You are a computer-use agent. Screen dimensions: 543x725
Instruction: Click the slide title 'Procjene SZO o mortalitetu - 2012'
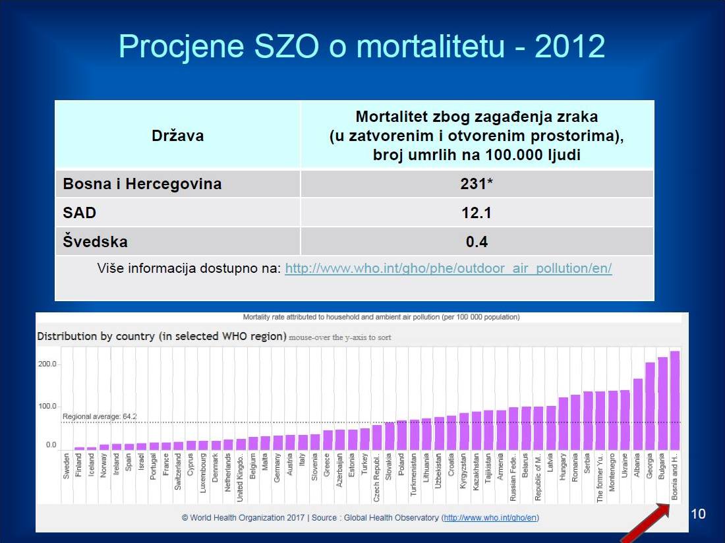(362, 47)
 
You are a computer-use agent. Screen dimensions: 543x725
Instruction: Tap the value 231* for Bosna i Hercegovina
(477, 184)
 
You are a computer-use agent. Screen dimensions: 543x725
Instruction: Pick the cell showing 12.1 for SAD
(477, 213)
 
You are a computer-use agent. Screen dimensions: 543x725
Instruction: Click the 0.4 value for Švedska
(477, 242)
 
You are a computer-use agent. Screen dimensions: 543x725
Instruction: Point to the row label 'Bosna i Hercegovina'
(142, 184)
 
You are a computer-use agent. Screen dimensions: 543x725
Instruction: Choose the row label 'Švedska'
(95, 242)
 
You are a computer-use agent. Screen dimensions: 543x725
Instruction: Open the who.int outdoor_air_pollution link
(448, 269)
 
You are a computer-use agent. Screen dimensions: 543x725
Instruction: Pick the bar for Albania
(637, 414)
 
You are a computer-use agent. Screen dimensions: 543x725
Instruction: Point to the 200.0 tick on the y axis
(47, 364)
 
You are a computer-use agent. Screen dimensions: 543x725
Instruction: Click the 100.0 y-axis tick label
(47, 407)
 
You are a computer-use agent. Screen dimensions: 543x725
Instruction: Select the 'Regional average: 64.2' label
(99, 416)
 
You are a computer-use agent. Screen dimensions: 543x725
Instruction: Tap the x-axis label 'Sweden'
(67, 465)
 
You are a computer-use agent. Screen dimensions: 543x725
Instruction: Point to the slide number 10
(698, 514)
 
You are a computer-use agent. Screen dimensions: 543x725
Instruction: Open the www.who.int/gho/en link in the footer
(491, 518)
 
